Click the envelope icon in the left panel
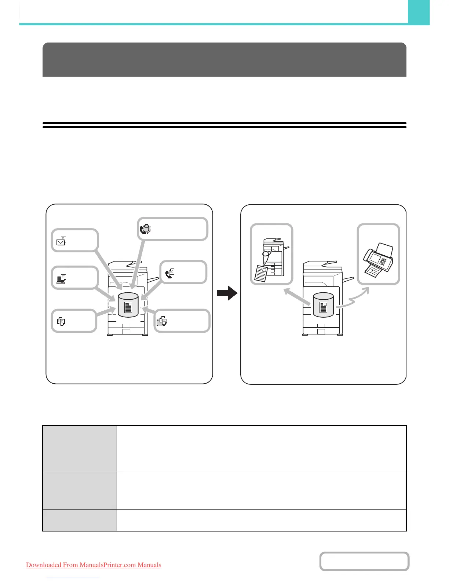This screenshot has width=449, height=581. pyautogui.click(x=61, y=241)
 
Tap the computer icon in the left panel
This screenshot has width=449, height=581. pyautogui.click(x=61, y=279)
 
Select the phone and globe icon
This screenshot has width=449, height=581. pyautogui.click(x=145, y=229)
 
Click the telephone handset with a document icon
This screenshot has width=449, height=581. pyautogui.click(x=169, y=274)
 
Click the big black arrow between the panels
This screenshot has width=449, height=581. pyautogui.click(x=227, y=293)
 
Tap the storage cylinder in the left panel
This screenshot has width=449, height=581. pyautogui.click(x=128, y=304)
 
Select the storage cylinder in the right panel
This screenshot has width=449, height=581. pyautogui.click(x=323, y=304)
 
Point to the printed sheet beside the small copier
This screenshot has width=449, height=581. pyautogui.click(x=261, y=273)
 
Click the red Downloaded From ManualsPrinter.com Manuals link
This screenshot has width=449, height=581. pyautogui.click(x=94, y=565)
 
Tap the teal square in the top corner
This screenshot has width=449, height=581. pyautogui.click(x=419, y=12)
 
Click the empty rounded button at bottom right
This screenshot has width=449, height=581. pyautogui.click(x=364, y=561)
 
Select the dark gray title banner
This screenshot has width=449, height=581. pyautogui.click(x=224, y=59)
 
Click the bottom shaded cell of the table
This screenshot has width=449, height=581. pyautogui.click(x=80, y=520)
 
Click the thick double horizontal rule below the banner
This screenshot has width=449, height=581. pyautogui.click(x=224, y=125)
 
